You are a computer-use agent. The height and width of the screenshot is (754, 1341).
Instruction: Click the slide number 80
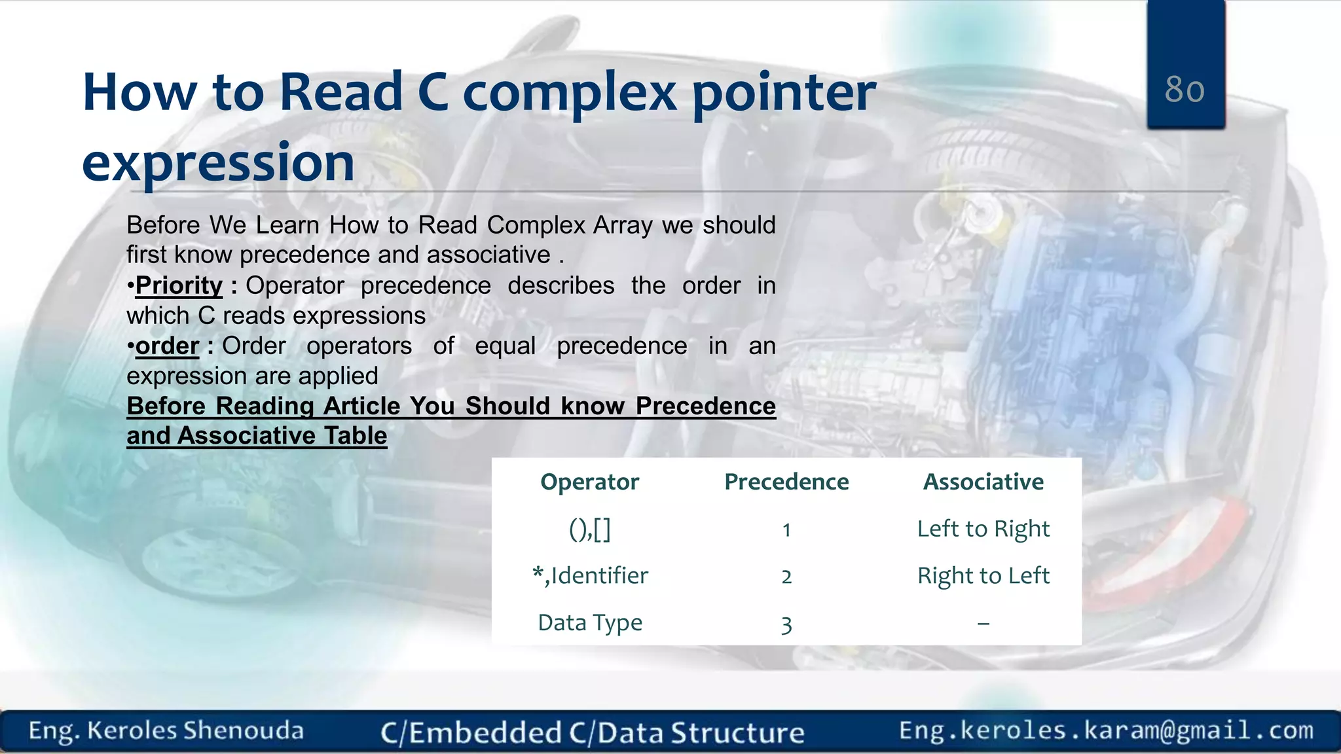pos(1185,89)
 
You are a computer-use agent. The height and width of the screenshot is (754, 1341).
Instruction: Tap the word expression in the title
pos(219,162)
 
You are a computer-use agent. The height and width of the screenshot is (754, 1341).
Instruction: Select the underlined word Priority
pos(179,286)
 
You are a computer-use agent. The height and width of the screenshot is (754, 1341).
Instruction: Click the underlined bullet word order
pos(167,346)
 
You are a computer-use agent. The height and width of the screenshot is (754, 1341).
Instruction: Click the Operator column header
pos(589,482)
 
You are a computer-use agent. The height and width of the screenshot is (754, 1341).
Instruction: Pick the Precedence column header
pos(786,482)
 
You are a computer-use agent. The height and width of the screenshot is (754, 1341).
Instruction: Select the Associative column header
pos(983,482)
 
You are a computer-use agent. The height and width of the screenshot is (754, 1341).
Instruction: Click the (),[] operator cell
pos(589,529)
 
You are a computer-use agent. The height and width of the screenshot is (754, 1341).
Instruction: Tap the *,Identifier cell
pos(589,576)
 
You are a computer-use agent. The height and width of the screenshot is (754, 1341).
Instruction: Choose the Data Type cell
pos(589,622)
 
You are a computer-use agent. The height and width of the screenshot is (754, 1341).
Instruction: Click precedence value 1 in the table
pos(786,530)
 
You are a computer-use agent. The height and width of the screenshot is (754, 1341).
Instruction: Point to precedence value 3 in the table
pos(786,624)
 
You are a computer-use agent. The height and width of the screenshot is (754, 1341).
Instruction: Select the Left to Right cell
pos(983,529)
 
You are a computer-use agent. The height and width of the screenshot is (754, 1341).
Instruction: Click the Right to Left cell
pos(983,576)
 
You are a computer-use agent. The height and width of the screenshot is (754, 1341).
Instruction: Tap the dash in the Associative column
pos(983,624)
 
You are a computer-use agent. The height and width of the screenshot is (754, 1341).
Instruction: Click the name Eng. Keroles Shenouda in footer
pos(166,730)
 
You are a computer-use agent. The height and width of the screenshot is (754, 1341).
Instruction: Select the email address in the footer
pos(1106,730)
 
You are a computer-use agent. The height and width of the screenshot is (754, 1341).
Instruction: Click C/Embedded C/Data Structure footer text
pos(592,732)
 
